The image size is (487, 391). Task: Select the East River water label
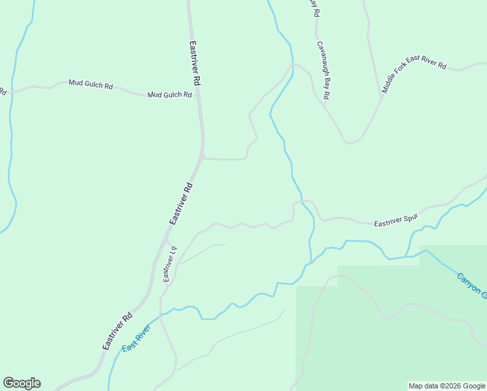(136, 338)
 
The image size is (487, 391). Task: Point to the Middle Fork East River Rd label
(414, 78)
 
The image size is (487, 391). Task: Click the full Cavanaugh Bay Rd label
(323, 71)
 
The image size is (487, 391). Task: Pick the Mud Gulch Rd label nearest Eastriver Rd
(169, 94)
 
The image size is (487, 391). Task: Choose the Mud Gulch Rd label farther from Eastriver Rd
(90, 85)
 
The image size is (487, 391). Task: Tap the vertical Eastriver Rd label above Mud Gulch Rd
(194, 64)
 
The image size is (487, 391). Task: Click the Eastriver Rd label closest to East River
(117, 331)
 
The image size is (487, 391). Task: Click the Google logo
(21, 383)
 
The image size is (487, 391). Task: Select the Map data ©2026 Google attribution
(447, 386)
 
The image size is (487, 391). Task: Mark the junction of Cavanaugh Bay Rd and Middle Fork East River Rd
(380, 100)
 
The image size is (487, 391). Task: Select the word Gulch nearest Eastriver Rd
(170, 94)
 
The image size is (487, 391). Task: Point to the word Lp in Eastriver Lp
(173, 250)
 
